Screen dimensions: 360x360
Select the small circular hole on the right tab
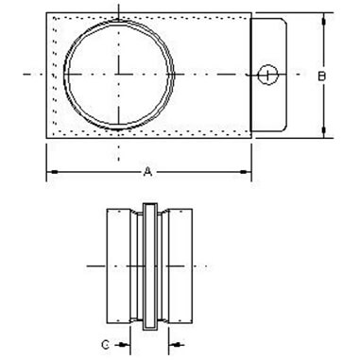[x=267, y=74]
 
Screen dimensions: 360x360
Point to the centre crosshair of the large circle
[x=119, y=74]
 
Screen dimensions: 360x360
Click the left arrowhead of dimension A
[x=52, y=171]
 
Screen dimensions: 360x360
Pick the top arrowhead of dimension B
[x=323, y=18]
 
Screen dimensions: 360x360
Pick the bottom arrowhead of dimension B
[x=323, y=133]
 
